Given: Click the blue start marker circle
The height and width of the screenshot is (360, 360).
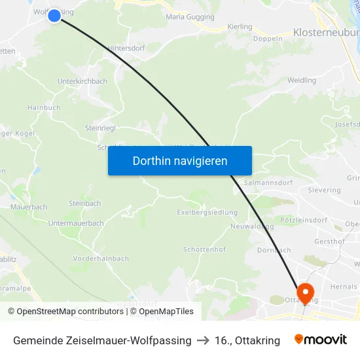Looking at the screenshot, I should (54, 15).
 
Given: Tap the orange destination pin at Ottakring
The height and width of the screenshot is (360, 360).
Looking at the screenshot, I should (304, 291).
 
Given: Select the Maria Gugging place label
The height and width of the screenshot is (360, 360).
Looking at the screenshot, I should (190, 17).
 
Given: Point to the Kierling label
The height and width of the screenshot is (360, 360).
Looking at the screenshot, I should (240, 27).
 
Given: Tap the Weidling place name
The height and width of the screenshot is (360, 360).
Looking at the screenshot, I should (302, 81).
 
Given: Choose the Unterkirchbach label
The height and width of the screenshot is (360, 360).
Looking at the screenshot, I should (82, 81).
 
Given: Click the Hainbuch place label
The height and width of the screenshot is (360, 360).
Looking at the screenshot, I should (44, 108).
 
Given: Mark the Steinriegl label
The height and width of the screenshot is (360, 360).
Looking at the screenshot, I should (100, 128).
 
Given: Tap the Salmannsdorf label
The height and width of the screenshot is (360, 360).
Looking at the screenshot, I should (267, 183).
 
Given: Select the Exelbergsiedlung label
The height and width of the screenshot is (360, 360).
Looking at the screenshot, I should (207, 212).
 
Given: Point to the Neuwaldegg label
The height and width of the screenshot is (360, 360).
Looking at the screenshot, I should (252, 226).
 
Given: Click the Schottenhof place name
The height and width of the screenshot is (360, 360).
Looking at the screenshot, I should (204, 250).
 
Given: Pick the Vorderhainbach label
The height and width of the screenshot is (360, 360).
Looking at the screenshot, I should (101, 259).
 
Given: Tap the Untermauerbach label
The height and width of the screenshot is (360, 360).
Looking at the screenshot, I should (76, 223).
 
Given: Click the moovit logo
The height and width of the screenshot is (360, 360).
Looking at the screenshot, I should (321, 340).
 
